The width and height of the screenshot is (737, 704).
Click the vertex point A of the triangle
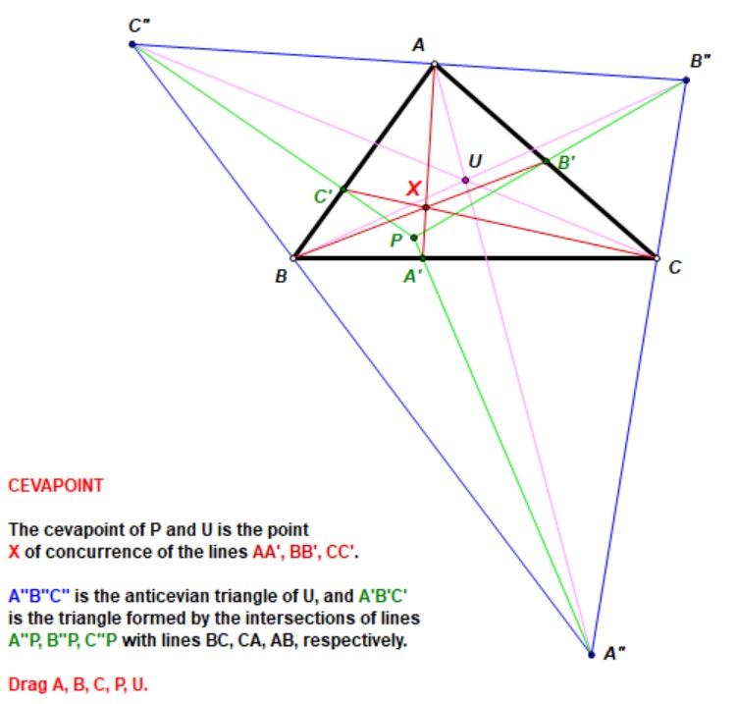pyautogui.click(x=435, y=64)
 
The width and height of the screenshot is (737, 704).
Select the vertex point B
pyautogui.click(x=293, y=258)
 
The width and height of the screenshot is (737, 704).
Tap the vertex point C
pyautogui.click(x=657, y=258)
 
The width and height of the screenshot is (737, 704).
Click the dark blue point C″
pyautogui.click(x=132, y=44)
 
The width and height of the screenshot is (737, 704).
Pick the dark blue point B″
pyautogui.click(x=686, y=81)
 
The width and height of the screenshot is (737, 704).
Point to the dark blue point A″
pyautogui.click(x=592, y=655)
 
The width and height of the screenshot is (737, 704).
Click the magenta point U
pyautogui.click(x=465, y=180)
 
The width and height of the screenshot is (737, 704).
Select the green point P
pyautogui.click(x=413, y=238)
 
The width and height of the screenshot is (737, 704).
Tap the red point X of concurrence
pyautogui.click(x=426, y=207)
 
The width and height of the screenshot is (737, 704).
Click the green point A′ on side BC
pyautogui.click(x=423, y=258)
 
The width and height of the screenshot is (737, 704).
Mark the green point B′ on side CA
pyautogui.click(x=546, y=161)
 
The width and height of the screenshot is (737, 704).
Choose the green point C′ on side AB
pyautogui.click(x=343, y=190)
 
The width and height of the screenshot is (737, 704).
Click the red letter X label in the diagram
pyautogui.click(x=413, y=189)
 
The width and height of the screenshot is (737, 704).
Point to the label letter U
pyautogui.click(x=475, y=161)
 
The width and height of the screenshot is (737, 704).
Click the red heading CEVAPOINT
pyautogui.click(x=56, y=486)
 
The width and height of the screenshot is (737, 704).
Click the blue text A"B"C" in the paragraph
pyautogui.click(x=39, y=596)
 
